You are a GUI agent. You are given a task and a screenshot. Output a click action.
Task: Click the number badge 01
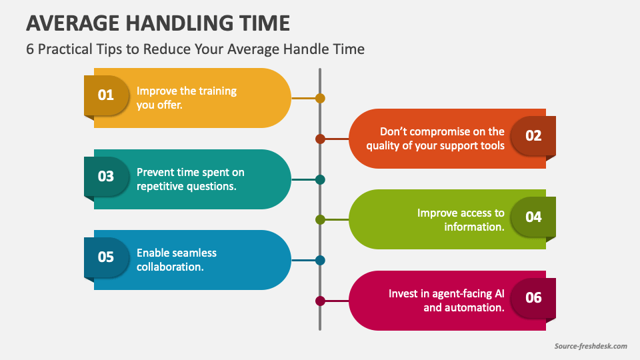click(x=106, y=95)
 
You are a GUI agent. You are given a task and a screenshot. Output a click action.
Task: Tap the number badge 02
click(x=533, y=135)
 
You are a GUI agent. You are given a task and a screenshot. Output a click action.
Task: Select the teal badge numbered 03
click(x=106, y=176)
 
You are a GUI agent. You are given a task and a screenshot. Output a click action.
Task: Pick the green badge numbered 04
click(x=533, y=217)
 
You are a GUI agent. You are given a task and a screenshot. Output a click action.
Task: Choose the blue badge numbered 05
click(x=106, y=257)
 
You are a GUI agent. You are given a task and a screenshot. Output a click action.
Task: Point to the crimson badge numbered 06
click(x=533, y=297)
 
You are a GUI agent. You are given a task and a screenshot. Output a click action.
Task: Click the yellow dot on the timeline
click(x=320, y=98)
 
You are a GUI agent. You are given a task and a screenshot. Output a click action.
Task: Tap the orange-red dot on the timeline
click(x=320, y=139)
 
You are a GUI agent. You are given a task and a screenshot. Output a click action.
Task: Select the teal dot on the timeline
click(x=320, y=179)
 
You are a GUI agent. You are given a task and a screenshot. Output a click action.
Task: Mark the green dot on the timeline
click(x=320, y=219)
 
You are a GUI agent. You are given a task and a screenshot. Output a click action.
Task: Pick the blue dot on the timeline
click(x=320, y=260)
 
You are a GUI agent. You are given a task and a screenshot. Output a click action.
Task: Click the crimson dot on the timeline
click(x=320, y=301)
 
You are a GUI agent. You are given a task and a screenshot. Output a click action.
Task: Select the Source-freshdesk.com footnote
click(x=591, y=346)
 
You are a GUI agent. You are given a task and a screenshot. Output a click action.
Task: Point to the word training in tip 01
click(x=215, y=91)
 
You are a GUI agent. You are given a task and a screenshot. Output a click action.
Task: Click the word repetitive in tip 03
click(x=159, y=187)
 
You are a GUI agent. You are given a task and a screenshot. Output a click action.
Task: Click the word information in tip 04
click(x=474, y=227)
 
